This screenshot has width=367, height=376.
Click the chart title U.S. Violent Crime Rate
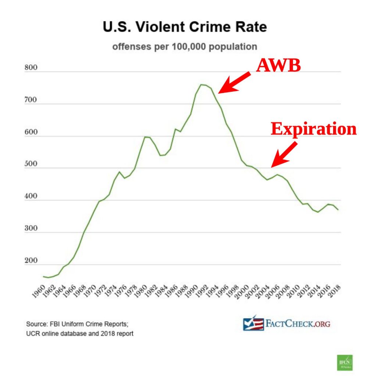[184, 28]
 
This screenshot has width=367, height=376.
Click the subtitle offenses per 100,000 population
[184, 47]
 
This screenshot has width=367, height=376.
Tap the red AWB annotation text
[278, 66]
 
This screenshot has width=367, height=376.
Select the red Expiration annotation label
[314, 129]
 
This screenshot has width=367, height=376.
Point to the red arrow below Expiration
[285, 154]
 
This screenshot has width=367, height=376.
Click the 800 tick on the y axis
[31, 68]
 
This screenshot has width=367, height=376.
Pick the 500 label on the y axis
[31, 164]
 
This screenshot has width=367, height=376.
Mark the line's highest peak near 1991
[201, 84]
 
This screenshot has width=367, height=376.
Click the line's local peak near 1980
[145, 137]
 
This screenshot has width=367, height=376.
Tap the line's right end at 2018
[338, 210]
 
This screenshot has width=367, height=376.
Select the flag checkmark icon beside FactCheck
[253, 323]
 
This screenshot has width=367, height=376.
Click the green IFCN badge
[344, 362]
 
